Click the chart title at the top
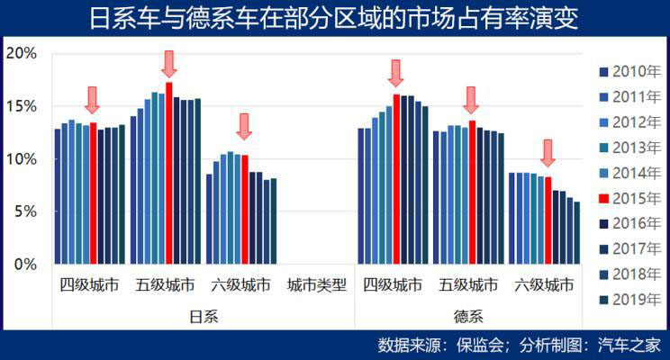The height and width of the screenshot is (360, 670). [x=334, y=17]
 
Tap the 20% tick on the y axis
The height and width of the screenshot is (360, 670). [x=21, y=53]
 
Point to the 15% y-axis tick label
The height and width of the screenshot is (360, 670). [x=21, y=106]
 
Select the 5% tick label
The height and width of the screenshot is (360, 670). [x=24, y=211]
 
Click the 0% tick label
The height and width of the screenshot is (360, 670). [x=24, y=265]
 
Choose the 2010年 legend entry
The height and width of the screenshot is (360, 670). [x=629, y=71]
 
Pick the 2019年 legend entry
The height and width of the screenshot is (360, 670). [x=629, y=299]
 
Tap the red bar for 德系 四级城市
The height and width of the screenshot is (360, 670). [x=396, y=179]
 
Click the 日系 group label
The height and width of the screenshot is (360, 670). [x=204, y=317]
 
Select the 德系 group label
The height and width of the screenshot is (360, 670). [x=469, y=317]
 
